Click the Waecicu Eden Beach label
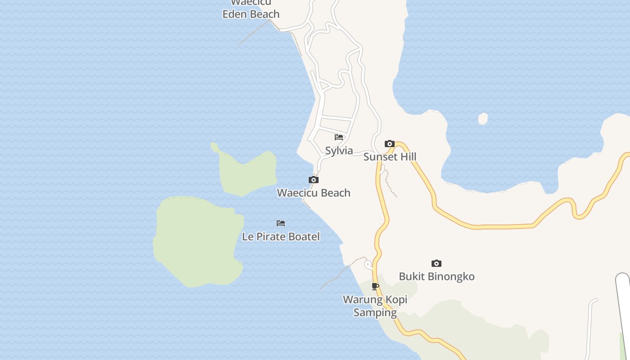251,10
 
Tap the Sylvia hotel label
339,151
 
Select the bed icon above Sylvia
339,137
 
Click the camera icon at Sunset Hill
390,144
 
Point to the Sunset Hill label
390,157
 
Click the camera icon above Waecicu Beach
314,180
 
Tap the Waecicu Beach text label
313,193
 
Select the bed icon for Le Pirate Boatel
281,223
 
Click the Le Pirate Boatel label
281,237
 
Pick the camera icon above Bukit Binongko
436,264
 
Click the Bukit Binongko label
436,276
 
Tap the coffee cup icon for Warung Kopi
375,287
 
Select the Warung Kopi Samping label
375,306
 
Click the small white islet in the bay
483,119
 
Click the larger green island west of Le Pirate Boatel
198,241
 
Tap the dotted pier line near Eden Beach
254,31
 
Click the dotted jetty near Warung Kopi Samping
337,274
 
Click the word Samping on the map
375,312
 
